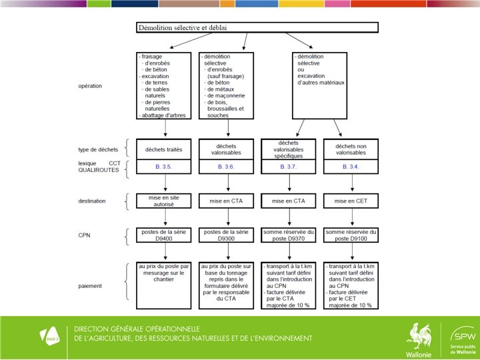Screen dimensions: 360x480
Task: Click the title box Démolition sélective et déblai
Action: [257, 28]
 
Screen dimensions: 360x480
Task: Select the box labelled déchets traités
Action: [165, 149]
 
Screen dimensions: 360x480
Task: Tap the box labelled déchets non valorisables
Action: [350, 149]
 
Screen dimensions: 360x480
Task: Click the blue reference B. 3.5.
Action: [165, 167]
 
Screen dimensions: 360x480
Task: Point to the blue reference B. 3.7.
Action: [289, 167]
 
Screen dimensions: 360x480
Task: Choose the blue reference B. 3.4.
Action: [350, 167]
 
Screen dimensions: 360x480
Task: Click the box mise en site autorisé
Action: [165, 201]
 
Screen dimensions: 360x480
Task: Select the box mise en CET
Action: [350, 200]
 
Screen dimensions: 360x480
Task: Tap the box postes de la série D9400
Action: [165, 235]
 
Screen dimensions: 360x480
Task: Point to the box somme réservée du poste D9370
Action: [289, 235]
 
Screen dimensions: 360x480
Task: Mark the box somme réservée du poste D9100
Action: [350, 235]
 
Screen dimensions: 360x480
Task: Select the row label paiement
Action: [90, 286]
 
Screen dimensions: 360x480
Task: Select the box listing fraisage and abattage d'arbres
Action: [165, 86]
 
